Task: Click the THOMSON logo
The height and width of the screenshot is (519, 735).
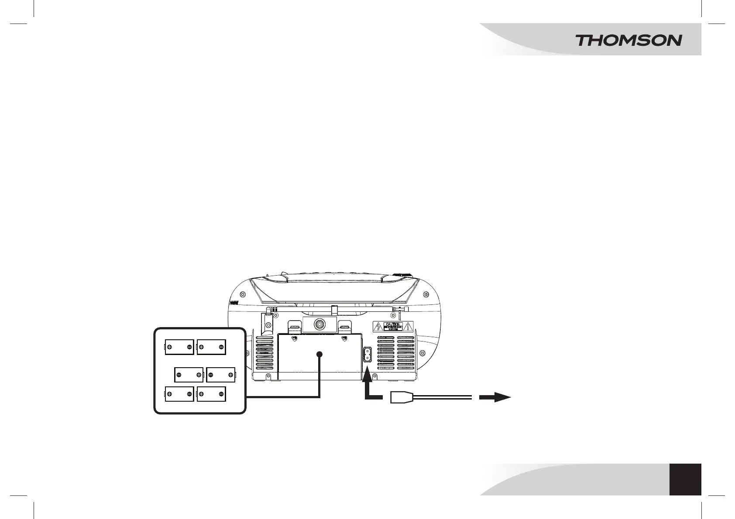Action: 628,41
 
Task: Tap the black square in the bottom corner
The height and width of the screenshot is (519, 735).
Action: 685,479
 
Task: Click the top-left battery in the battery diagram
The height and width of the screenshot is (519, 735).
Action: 179,347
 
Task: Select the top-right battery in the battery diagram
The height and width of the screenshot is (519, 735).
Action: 211,347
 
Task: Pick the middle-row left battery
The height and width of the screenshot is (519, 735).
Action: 189,375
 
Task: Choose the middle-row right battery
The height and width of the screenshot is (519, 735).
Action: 220,375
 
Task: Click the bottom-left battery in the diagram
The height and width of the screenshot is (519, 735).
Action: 179,394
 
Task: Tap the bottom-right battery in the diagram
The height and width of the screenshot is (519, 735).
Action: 211,394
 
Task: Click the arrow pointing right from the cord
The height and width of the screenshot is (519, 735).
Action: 495,397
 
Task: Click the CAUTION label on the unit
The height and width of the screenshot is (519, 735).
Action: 393,327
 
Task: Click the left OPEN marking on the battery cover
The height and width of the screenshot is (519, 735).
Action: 295,338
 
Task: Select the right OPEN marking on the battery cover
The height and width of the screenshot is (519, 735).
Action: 344,338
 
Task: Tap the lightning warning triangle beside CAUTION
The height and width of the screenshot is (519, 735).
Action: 378,327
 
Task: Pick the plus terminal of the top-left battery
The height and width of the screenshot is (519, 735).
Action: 169,347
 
